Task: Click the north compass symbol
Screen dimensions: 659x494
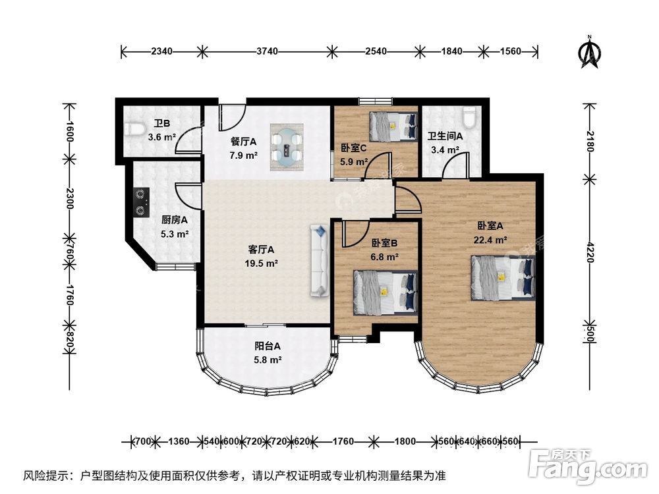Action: [590, 52]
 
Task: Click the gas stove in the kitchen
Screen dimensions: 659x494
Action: [141, 202]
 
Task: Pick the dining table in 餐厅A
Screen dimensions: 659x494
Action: [287, 147]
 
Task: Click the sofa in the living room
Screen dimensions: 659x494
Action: [320, 261]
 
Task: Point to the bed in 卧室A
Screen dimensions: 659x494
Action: [503, 278]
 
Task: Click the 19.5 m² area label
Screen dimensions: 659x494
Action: [262, 264]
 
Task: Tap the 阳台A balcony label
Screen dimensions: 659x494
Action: [268, 346]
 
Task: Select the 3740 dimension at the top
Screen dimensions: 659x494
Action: [268, 51]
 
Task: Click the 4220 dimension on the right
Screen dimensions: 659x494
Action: [590, 252]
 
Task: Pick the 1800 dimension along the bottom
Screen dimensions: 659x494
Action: [405, 441]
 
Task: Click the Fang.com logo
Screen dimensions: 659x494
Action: [588, 466]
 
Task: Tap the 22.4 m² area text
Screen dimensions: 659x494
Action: [490, 240]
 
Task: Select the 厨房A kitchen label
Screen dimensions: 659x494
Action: [175, 220]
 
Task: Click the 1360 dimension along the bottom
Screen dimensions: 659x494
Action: [179, 441]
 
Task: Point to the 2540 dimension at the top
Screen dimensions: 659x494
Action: [376, 51]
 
